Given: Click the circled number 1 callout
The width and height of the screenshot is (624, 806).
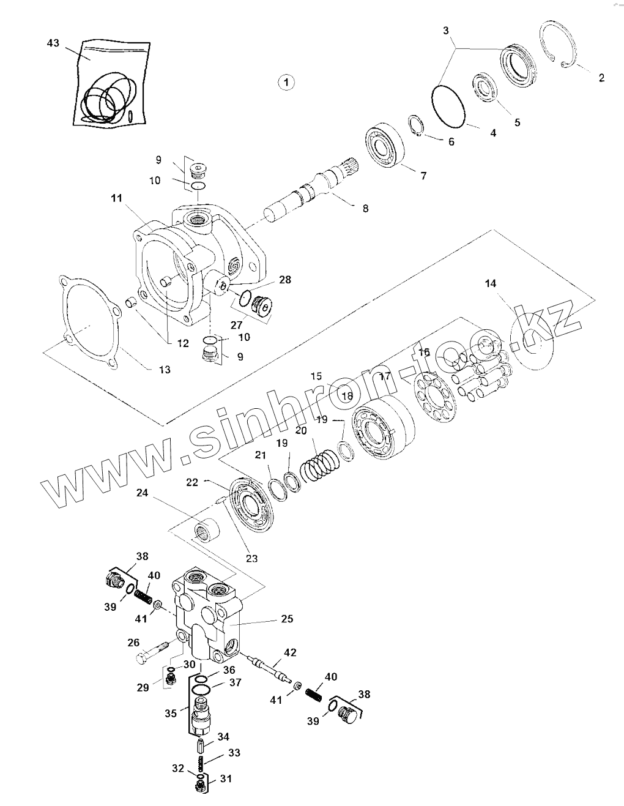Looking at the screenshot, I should click(x=286, y=81).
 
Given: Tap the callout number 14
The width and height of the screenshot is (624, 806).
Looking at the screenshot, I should click(x=490, y=283).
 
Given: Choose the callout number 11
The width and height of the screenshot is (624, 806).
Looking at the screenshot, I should click(x=116, y=198).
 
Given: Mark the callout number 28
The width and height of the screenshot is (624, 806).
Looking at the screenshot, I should click(x=284, y=280).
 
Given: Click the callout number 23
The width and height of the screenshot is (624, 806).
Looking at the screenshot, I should click(x=251, y=558).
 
